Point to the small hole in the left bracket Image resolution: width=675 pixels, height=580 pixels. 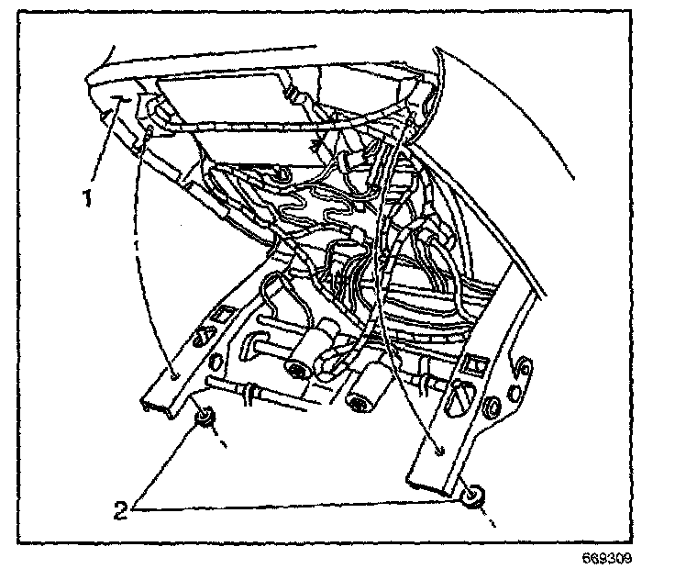172,374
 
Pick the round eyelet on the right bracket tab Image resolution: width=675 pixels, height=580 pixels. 519,368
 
